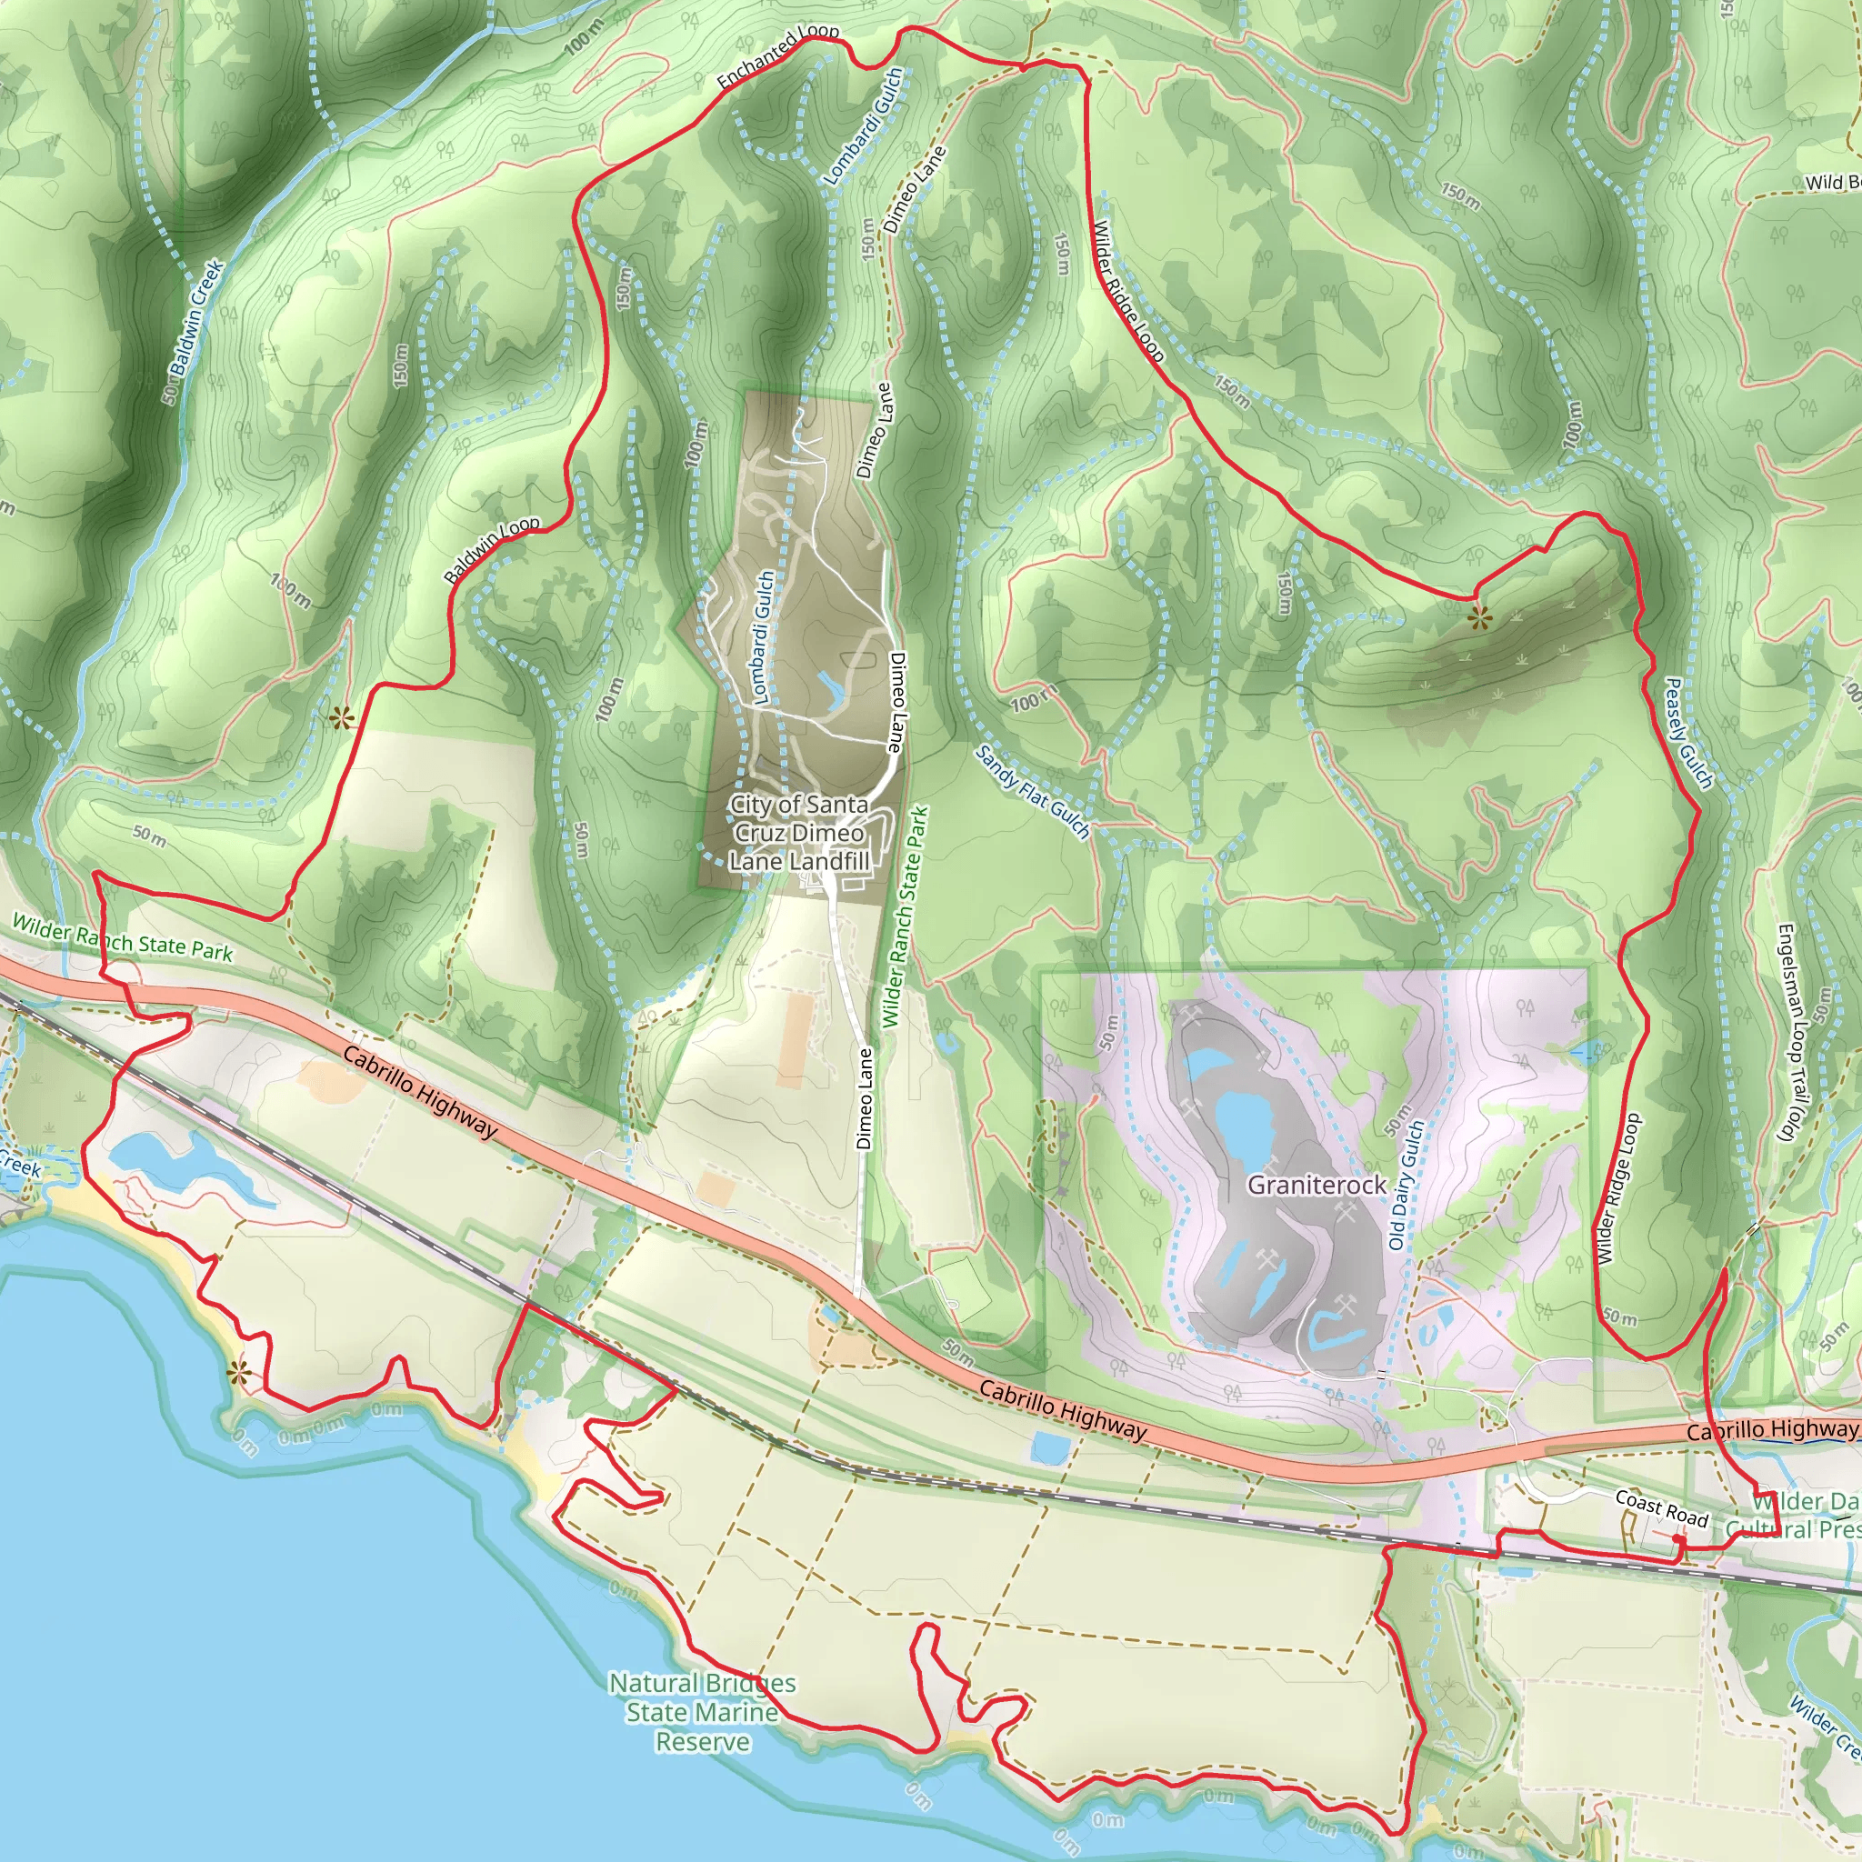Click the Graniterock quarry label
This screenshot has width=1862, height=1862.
click(x=1316, y=1185)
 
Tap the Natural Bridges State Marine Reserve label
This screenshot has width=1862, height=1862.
click(x=703, y=1712)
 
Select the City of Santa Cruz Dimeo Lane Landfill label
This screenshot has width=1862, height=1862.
click(x=799, y=833)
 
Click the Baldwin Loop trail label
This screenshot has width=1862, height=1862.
click(x=492, y=550)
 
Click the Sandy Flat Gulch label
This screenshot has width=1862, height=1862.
click(x=1032, y=792)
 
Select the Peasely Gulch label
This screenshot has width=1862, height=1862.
click(x=1689, y=734)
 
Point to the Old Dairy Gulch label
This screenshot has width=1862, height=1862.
click(x=1407, y=1185)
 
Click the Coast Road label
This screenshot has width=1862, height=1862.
click(x=1662, y=1509)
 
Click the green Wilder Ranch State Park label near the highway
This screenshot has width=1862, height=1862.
click(x=123, y=938)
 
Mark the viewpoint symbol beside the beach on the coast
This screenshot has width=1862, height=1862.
click(x=238, y=1375)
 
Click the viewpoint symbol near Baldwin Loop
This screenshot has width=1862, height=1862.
click(x=340, y=718)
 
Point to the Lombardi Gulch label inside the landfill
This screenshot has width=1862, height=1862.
click(x=762, y=637)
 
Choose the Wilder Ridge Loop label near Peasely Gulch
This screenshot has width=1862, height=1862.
click(x=1619, y=1188)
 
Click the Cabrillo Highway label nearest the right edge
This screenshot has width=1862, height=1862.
click(x=1771, y=1430)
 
